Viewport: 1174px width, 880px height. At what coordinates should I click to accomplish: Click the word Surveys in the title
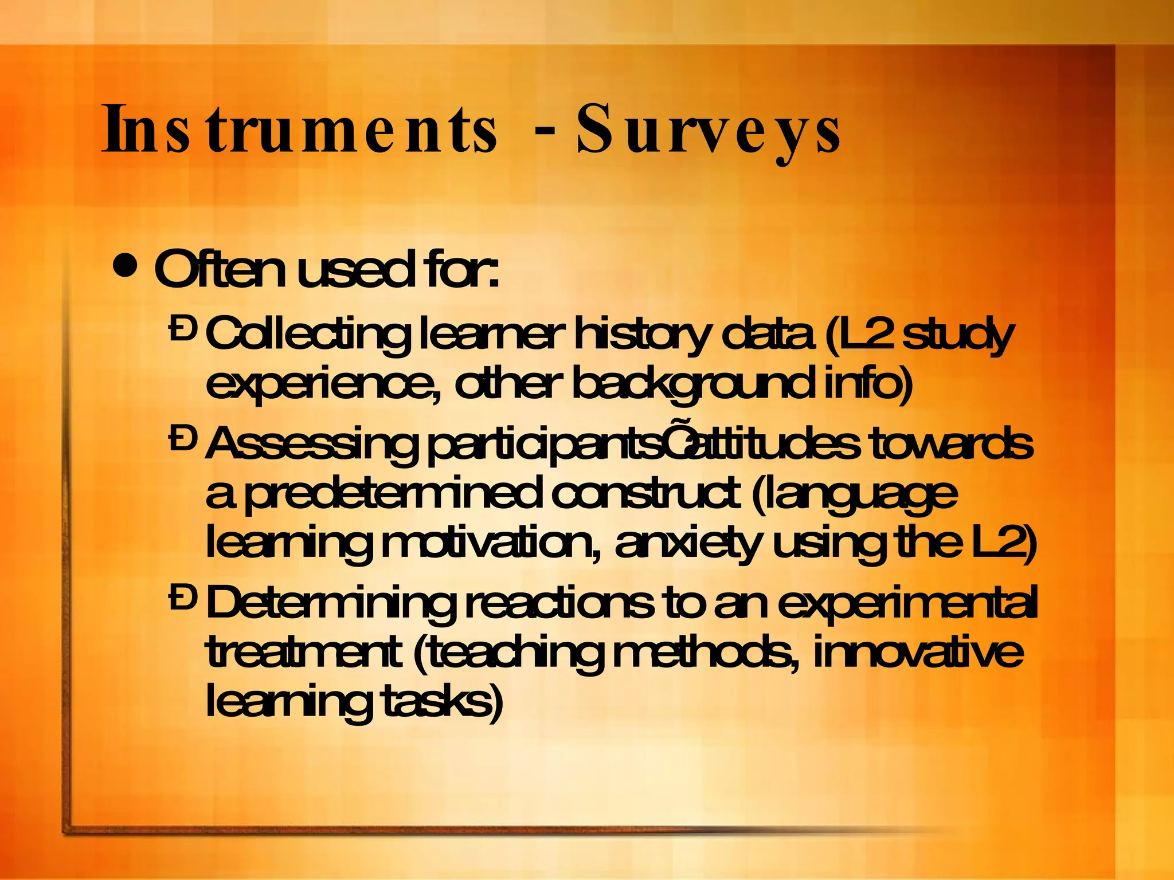(x=709, y=131)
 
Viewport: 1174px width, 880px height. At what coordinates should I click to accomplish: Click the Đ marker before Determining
(x=183, y=598)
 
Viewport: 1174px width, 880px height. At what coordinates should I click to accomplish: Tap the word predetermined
(x=393, y=493)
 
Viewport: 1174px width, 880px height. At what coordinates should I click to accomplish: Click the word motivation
(x=491, y=543)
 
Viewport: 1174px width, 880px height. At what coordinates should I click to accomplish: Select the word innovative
(x=917, y=652)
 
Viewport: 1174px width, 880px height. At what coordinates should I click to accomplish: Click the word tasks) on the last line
(x=442, y=701)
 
